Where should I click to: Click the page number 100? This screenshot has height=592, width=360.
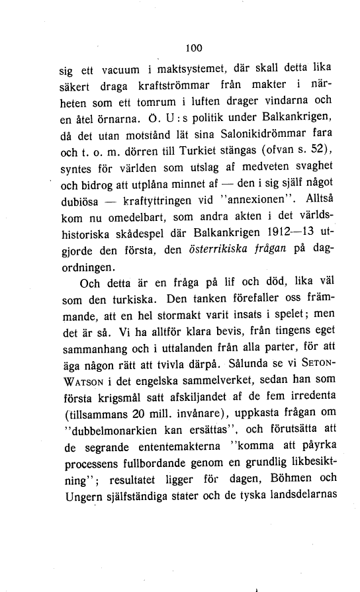(193, 48)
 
